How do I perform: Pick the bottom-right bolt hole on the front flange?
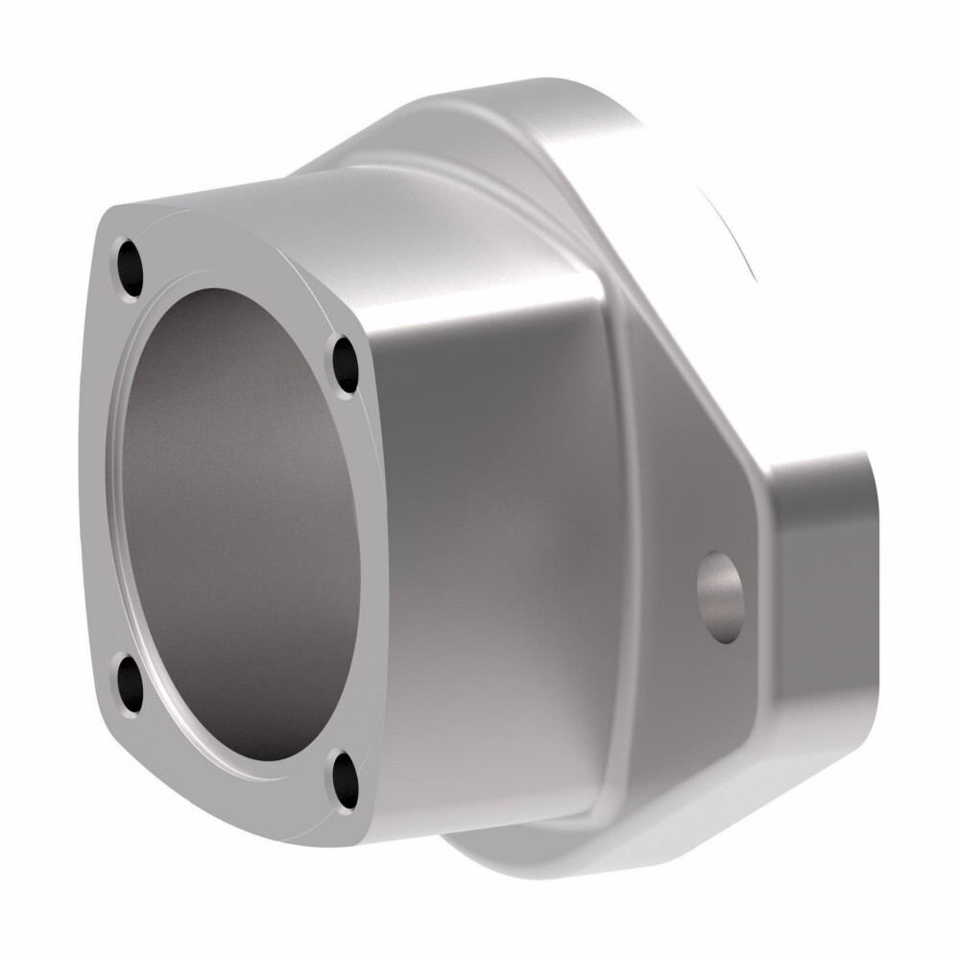(x=345, y=780)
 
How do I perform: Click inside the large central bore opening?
(x=240, y=518)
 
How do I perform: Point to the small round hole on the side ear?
(x=721, y=596)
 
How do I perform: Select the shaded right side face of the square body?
(x=490, y=538)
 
